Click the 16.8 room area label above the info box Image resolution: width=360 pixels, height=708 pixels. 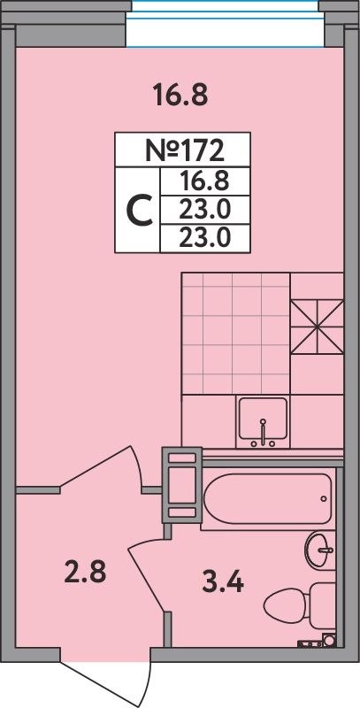[180, 94]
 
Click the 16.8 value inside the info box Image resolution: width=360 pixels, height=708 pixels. [204, 181]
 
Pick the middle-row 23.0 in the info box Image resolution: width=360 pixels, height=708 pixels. [204, 210]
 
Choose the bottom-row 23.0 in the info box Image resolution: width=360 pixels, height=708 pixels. [204, 237]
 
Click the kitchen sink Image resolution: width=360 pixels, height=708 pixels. [262, 420]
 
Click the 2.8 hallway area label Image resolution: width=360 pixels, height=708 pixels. [85, 571]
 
